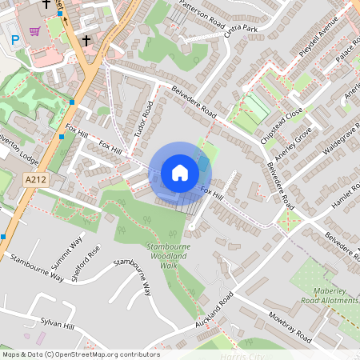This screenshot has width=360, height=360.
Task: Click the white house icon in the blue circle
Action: (x=180, y=172)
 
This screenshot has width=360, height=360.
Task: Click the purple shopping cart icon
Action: (x=35, y=32)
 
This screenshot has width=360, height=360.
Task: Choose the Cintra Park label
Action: (x=241, y=30)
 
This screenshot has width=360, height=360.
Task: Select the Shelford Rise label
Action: (x=87, y=263)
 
